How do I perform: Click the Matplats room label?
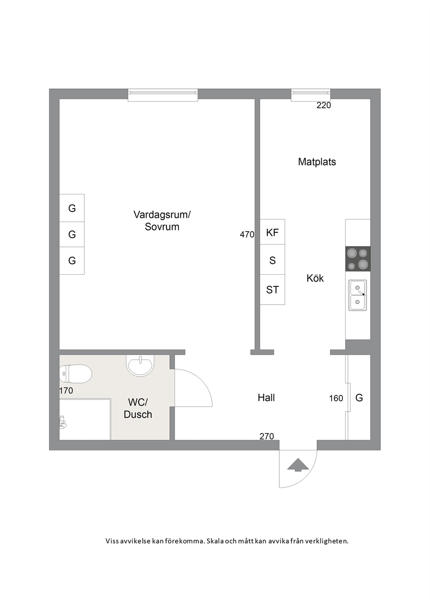click(x=317, y=162)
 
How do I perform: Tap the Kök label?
click(x=315, y=278)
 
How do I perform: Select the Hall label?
click(x=266, y=398)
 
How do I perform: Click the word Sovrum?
click(x=162, y=227)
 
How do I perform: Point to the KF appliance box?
click(x=272, y=232)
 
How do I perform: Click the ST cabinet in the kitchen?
click(x=272, y=289)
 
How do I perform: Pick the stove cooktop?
click(x=358, y=259)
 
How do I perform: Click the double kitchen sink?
click(x=358, y=295)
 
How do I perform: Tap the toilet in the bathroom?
click(x=75, y=374)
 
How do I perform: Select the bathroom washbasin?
click(x=140, y=365)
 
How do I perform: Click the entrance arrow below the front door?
click(x=298, y=465)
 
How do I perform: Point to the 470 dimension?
click(x=247, y=234)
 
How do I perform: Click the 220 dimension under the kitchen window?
click(x=324, y=105)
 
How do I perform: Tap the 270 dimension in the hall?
click(x=267, y=436)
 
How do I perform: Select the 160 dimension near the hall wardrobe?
click(x=336, y=398)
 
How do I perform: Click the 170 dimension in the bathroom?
click(x=66, y=390)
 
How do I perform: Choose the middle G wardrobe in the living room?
click(x=72, y=234)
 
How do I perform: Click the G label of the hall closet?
click(x=359, y=398)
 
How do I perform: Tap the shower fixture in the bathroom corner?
click(x=62, y=423)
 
